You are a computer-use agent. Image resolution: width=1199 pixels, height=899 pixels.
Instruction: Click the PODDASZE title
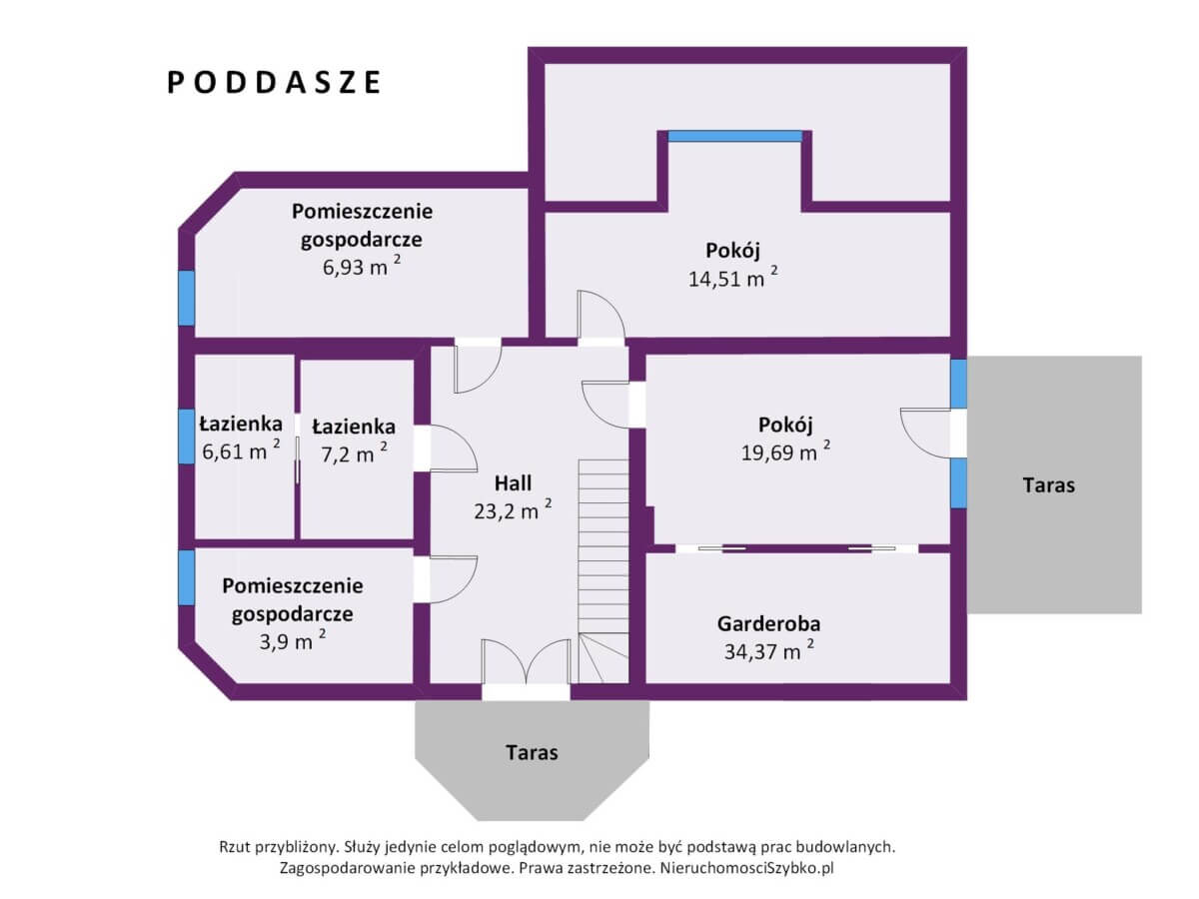273,83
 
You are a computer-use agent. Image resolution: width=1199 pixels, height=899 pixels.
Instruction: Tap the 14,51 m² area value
732,278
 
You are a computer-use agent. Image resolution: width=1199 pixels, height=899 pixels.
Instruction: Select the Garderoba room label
768,624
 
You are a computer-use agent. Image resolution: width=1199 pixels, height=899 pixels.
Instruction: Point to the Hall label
513,483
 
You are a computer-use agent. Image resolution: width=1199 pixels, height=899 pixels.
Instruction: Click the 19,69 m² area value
785,451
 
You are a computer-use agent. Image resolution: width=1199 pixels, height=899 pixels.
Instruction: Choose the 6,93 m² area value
361,266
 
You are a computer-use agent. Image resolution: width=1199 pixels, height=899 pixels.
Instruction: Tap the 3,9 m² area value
292,640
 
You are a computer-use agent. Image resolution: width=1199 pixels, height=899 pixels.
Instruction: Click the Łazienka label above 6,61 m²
241,425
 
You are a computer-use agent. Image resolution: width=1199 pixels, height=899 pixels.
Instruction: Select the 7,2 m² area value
354,452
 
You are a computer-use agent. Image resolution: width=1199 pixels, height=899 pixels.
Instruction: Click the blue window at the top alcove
734,136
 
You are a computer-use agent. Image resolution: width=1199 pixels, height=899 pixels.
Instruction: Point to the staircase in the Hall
603,571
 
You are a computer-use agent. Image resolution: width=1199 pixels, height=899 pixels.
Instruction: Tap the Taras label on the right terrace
1049,485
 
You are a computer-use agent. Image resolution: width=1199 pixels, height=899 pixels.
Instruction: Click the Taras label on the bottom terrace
532,753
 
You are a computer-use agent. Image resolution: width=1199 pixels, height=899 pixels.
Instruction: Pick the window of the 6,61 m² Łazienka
187,437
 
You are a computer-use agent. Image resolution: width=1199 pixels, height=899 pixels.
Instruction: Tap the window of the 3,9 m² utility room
187,577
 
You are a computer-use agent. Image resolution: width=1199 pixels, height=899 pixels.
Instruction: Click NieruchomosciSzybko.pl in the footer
746,868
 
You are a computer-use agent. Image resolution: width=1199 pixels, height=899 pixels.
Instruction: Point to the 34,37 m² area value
768,651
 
